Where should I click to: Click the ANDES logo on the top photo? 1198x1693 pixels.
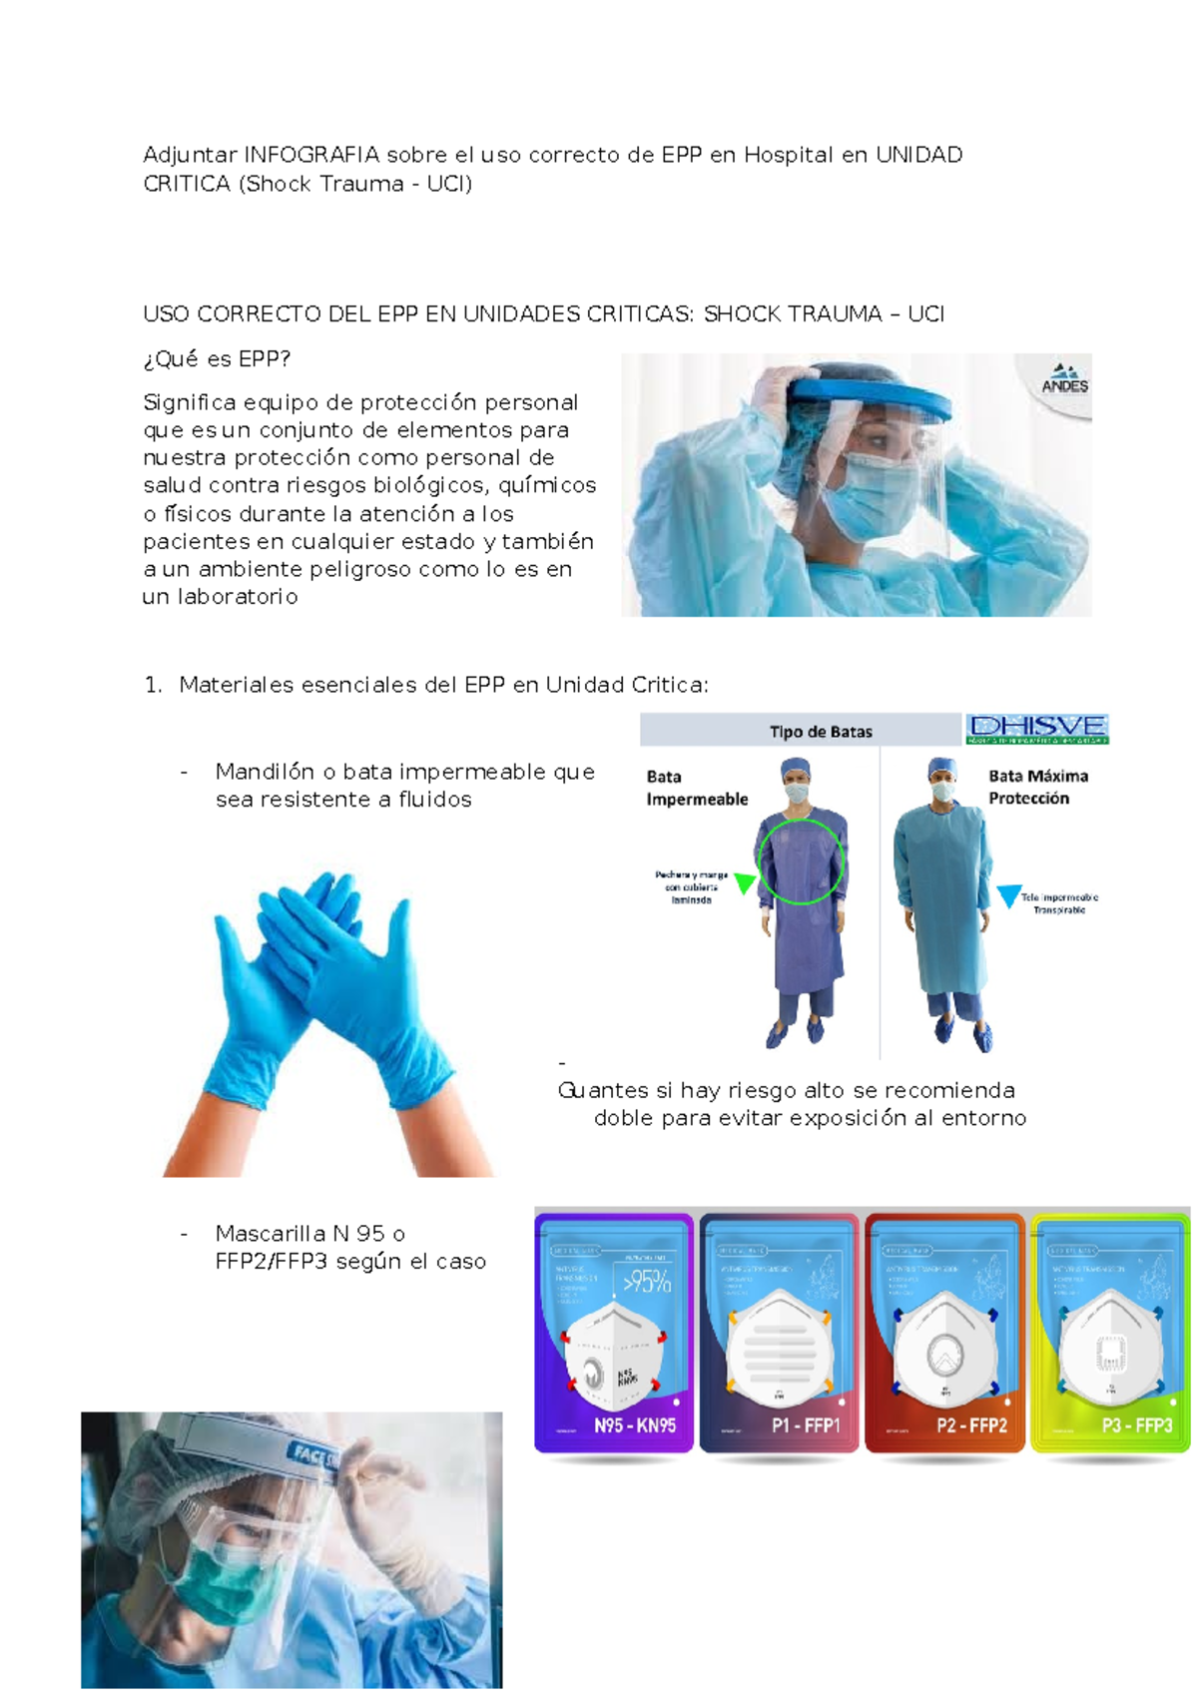click(x=1064, y=379)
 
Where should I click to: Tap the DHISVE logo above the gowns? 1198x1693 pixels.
click(x=1037, y=729)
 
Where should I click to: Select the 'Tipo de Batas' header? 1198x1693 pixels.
click(x=821, y=732)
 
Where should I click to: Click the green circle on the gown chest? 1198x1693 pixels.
click(x=801, y=861)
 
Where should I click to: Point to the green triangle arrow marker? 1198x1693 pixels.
click(x=745, y=882)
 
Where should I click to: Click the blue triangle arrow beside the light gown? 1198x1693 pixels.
click(x=1009, y=895)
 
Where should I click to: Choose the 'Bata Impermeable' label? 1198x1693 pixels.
click(x=696, y=788)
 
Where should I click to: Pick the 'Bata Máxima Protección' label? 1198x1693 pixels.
click(x=1037, y=787)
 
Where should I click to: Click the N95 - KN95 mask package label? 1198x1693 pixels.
click(x=635, y=1425)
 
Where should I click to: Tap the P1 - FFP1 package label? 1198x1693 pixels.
click(x=806, y=1425)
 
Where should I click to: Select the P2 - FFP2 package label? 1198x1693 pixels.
click(x=971, y=1425)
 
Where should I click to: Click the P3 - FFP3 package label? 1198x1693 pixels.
click(x=1136, y=1425)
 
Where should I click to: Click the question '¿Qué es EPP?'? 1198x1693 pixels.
click(x=217, y=359)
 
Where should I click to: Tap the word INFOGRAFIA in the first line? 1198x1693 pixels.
click(x=311, y=155)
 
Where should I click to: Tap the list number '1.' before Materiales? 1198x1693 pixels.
click(x=153, y=685)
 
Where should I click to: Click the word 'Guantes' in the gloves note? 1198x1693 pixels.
click(x=603, y=1090)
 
